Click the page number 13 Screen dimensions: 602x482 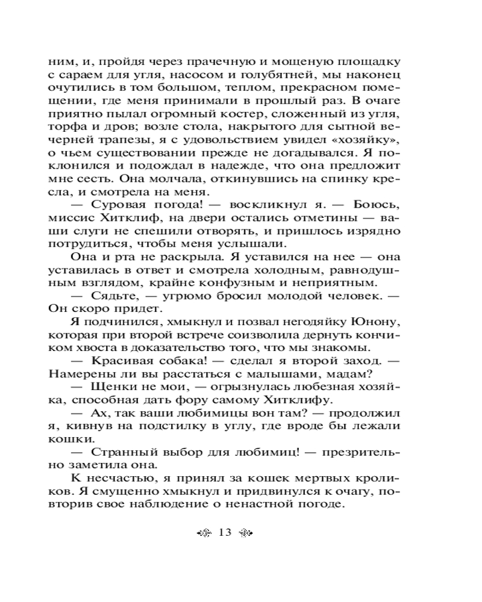[x=226, y=532]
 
